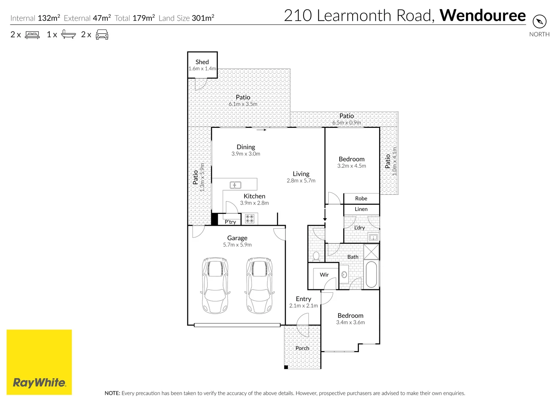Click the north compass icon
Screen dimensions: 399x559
click(539, 21)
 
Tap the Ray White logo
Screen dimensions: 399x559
click(39, 362)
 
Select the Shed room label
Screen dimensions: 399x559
click(202, 62)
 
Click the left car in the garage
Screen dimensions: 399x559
click(215, 285)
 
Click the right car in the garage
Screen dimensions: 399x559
click(260, 285)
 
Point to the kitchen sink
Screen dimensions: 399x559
click(236, 185)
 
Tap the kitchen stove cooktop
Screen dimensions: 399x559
click(250, 219)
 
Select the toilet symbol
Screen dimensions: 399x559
click(316, 256)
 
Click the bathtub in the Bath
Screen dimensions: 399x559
click(371, 274)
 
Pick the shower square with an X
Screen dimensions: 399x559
click(371, 252)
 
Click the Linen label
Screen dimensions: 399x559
click(361, 209)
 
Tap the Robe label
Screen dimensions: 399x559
click(361, 198)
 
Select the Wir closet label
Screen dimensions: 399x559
click(324, 274)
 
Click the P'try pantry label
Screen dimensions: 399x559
click(230, 222)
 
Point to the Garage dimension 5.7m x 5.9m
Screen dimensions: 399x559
click(237, 245)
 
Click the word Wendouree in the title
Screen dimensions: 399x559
click(482, 16)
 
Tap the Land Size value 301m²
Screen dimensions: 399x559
click(203, 18)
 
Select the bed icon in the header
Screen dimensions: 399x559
click(32, 35)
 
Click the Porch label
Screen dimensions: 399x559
click(302, 348)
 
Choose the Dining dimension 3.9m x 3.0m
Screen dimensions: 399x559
click(246, 154)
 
